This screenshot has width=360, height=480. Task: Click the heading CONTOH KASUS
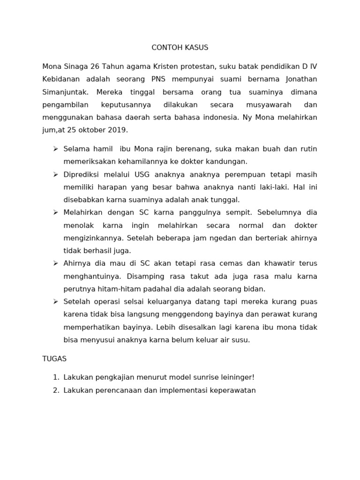pos(180,48)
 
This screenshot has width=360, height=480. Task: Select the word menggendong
pos(214,314)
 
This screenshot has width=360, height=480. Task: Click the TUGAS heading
pos(54,359)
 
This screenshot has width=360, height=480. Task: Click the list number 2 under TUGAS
pos(55,390)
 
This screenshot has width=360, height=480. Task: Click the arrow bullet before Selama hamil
pos(55,149)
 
